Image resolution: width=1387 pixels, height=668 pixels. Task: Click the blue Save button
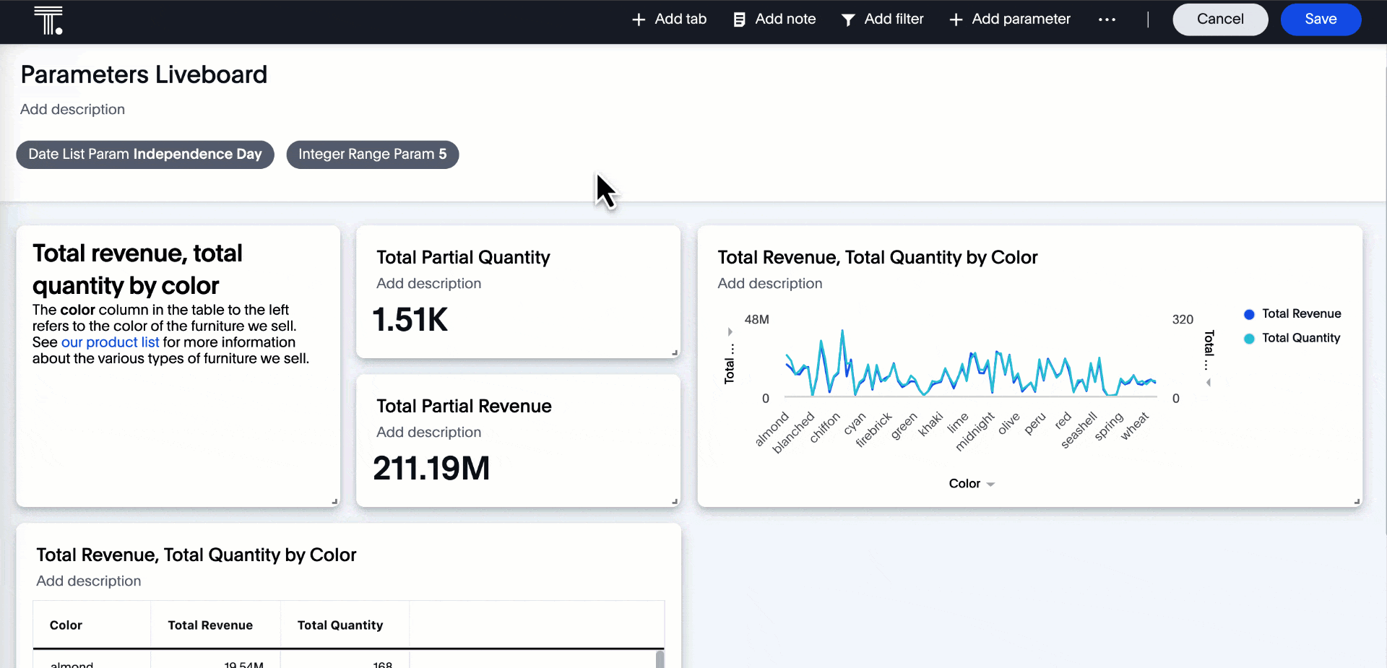pyautogui.click(x=1320, y=19)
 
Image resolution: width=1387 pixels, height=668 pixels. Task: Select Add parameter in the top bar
pyautogui.click(x=1010, y=19)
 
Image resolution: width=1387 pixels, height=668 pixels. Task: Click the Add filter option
pyautogui.click(x=883, y=19)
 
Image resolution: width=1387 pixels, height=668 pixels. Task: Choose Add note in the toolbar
pyautogui.click(x=774, y=19)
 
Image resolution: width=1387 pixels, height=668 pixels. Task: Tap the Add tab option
pyautogui.click(x=670, y=19)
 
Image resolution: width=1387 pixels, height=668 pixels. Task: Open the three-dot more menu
pyautogui.click(x=1107, y=19)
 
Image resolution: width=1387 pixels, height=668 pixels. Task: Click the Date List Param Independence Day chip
pyautogui.click(x=145, y=155)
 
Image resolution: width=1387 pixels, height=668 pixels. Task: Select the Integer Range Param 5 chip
pyautogui.click(x=372, y=155)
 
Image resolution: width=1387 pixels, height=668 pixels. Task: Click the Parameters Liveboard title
pyautogui.click(x=144, y=74)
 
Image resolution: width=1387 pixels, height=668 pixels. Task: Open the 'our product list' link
pyautogui.click(x=110, y=342)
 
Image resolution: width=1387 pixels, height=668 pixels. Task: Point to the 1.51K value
pyautogui.click(x=410, y=320)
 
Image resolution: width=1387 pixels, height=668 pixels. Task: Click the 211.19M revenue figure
pyautogui.click(x=431, y=469)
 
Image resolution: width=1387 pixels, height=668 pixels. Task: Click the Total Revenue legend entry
pyautogui.click(x=1300, y=314)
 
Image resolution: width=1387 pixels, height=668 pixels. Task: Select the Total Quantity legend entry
pyautogui.click(x=1300, y=338)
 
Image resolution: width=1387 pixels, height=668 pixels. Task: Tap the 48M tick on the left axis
pyautogui.click(x=756, y=319)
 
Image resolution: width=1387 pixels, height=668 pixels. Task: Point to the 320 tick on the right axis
pyautogui.click(x=1183, y=319)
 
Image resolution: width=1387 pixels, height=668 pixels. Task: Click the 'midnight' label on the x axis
pyautogui.click(x=975, y=432)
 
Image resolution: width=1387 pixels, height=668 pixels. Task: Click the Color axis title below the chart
pyautogui.click(x=965, y=484)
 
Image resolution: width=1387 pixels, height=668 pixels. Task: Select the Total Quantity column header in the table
pyautogui.click(x=340, y=625)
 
